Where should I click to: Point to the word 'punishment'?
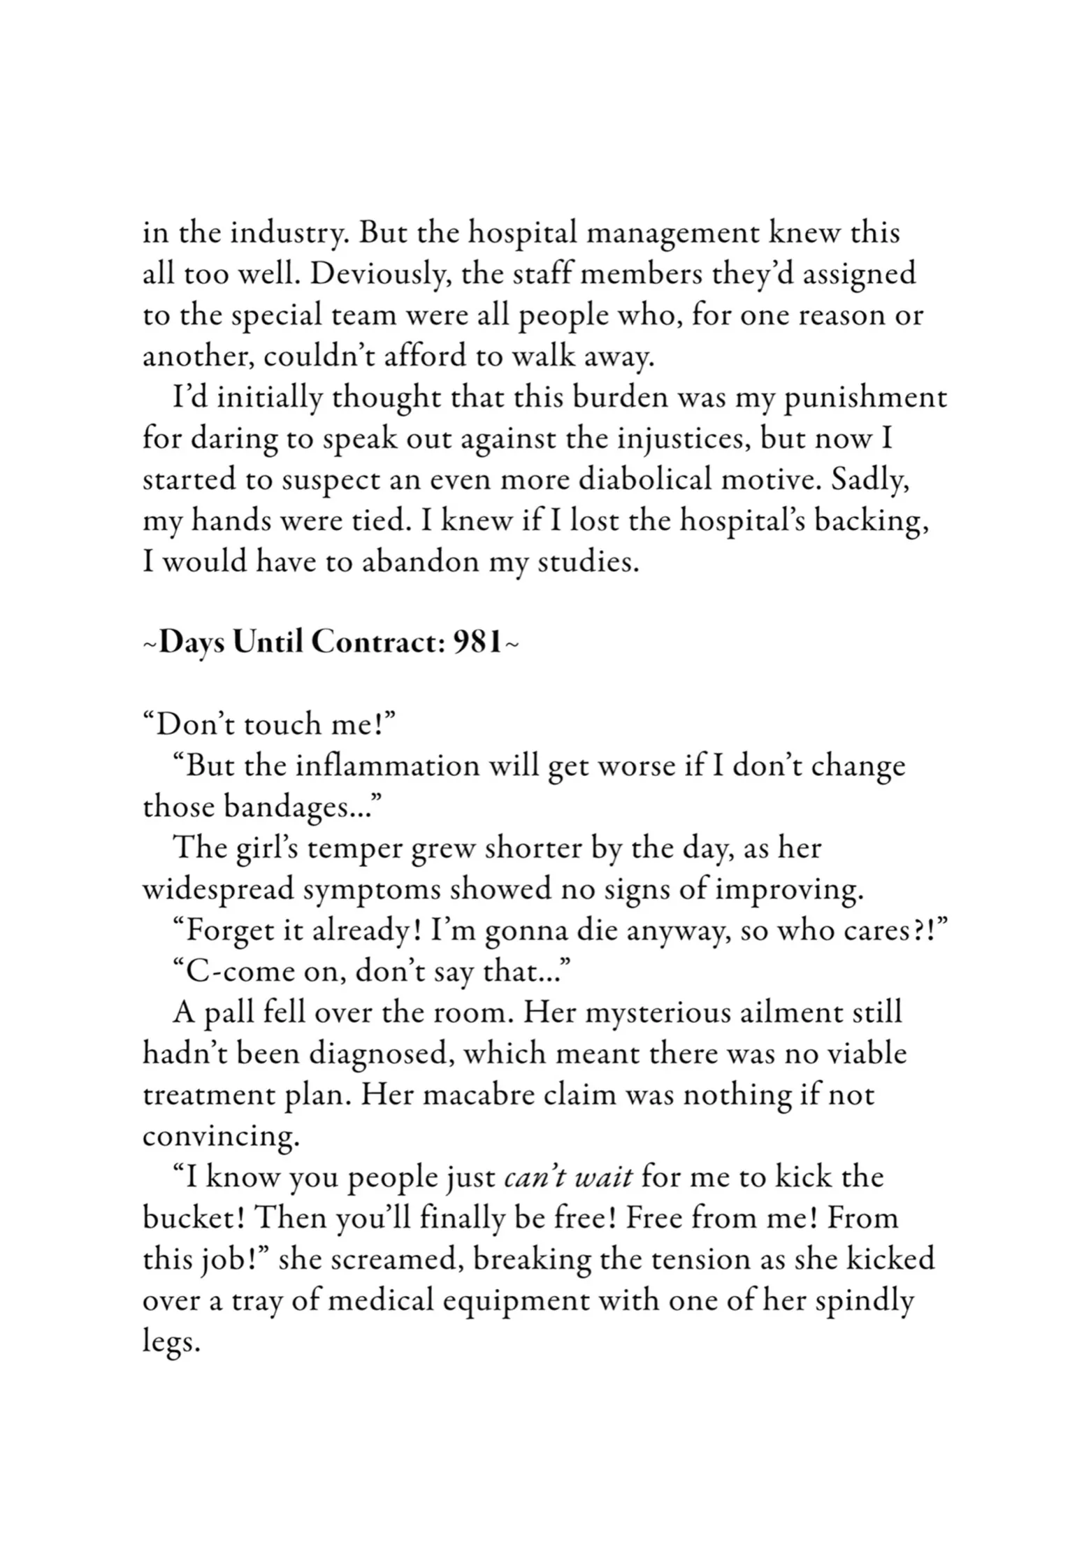pos(865,398)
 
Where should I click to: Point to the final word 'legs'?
pos(171,1342)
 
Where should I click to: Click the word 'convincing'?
pos(221,1137)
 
